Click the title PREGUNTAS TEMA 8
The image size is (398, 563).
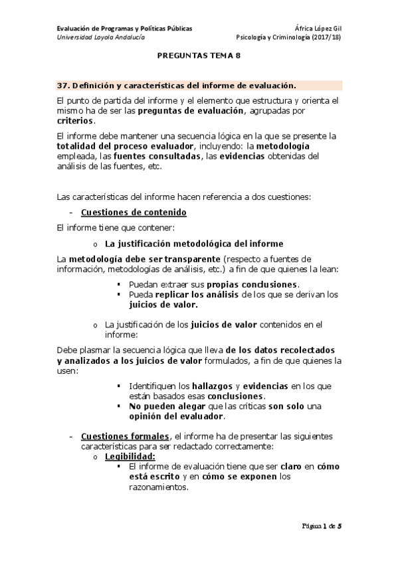[x=199, y=57]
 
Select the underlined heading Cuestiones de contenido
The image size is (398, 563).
[x=133, y=212]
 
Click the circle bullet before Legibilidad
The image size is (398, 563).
[x=96, y=457]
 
